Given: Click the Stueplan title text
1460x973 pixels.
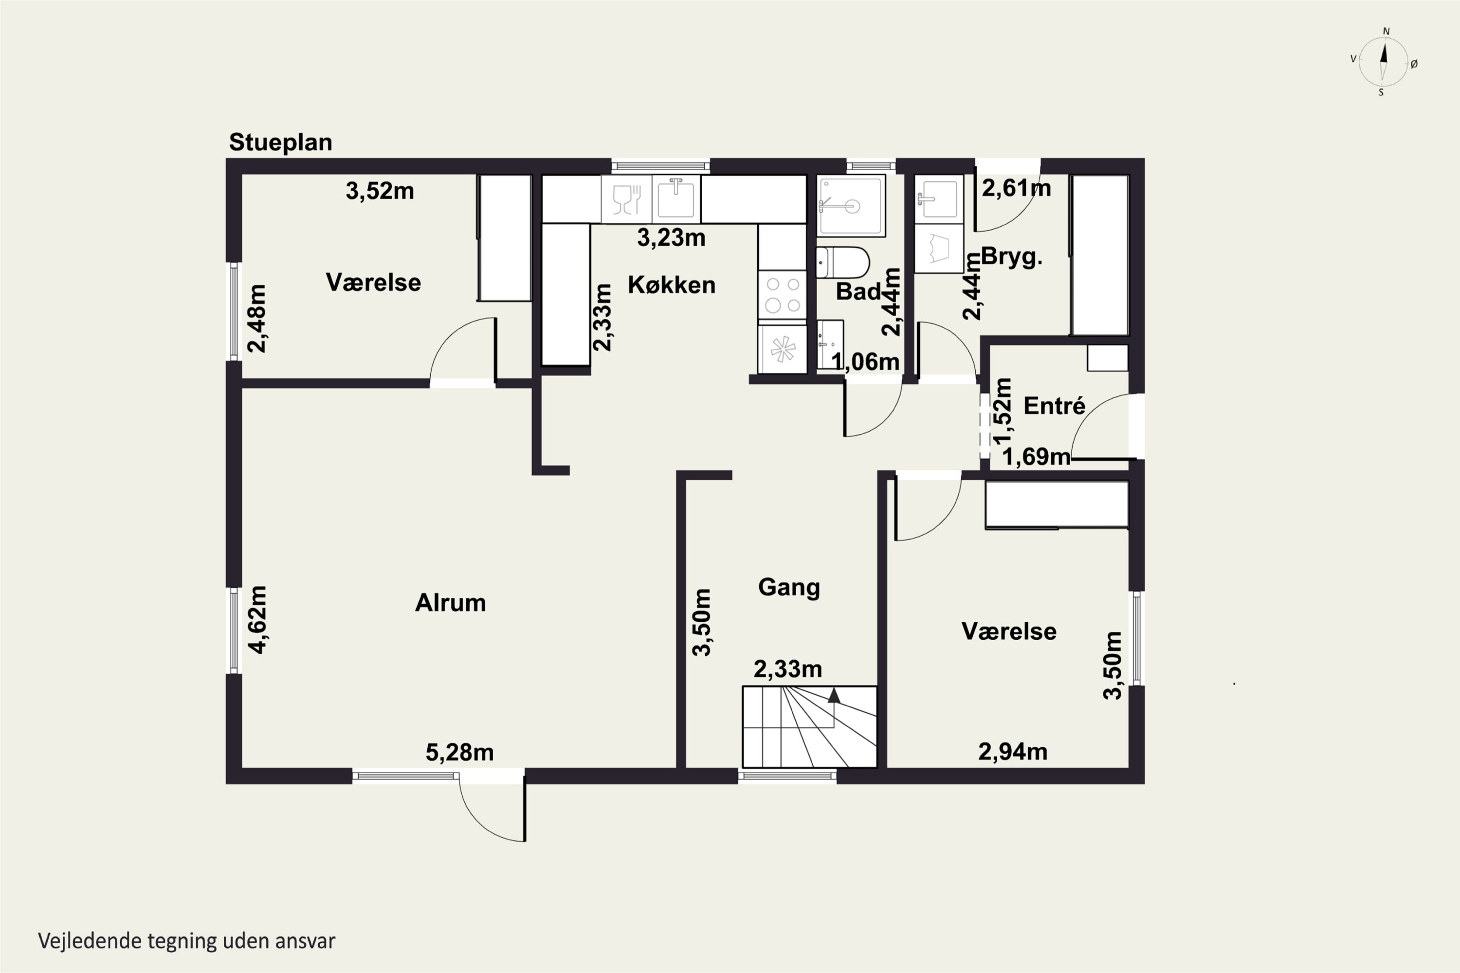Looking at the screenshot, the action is click(x=281, y=143).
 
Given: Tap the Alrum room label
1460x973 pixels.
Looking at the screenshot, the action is click(x=450, y=603).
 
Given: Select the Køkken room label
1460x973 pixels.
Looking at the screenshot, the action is click(x=672, y=285).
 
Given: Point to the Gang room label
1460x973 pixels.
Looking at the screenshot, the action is click(x=789, y=588).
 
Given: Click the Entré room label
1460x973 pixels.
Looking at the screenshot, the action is click(x=1054, y=405).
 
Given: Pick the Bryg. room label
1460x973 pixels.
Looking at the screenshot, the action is click(x=1011, y=257).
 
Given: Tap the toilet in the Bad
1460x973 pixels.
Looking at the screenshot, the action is click(x=842, y=263).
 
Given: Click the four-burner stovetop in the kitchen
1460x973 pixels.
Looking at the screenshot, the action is click(x=782, y=295).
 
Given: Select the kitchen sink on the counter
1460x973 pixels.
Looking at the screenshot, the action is click(x=676, y=198).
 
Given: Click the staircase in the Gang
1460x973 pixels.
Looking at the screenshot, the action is click(x=809, y=727).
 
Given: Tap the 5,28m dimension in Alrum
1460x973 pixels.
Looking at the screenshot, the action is click(x=459, y=753).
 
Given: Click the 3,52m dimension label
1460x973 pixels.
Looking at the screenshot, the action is click(x=380, y=191).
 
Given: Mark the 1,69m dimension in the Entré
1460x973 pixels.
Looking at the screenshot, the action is click(x=1036, y=457).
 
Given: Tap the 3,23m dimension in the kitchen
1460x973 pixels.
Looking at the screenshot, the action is click(x=671, y=238).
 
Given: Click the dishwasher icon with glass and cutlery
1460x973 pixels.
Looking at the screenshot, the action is click(x=626, y=198).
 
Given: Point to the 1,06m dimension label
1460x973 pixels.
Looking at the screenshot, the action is click(x=865, y=362).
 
